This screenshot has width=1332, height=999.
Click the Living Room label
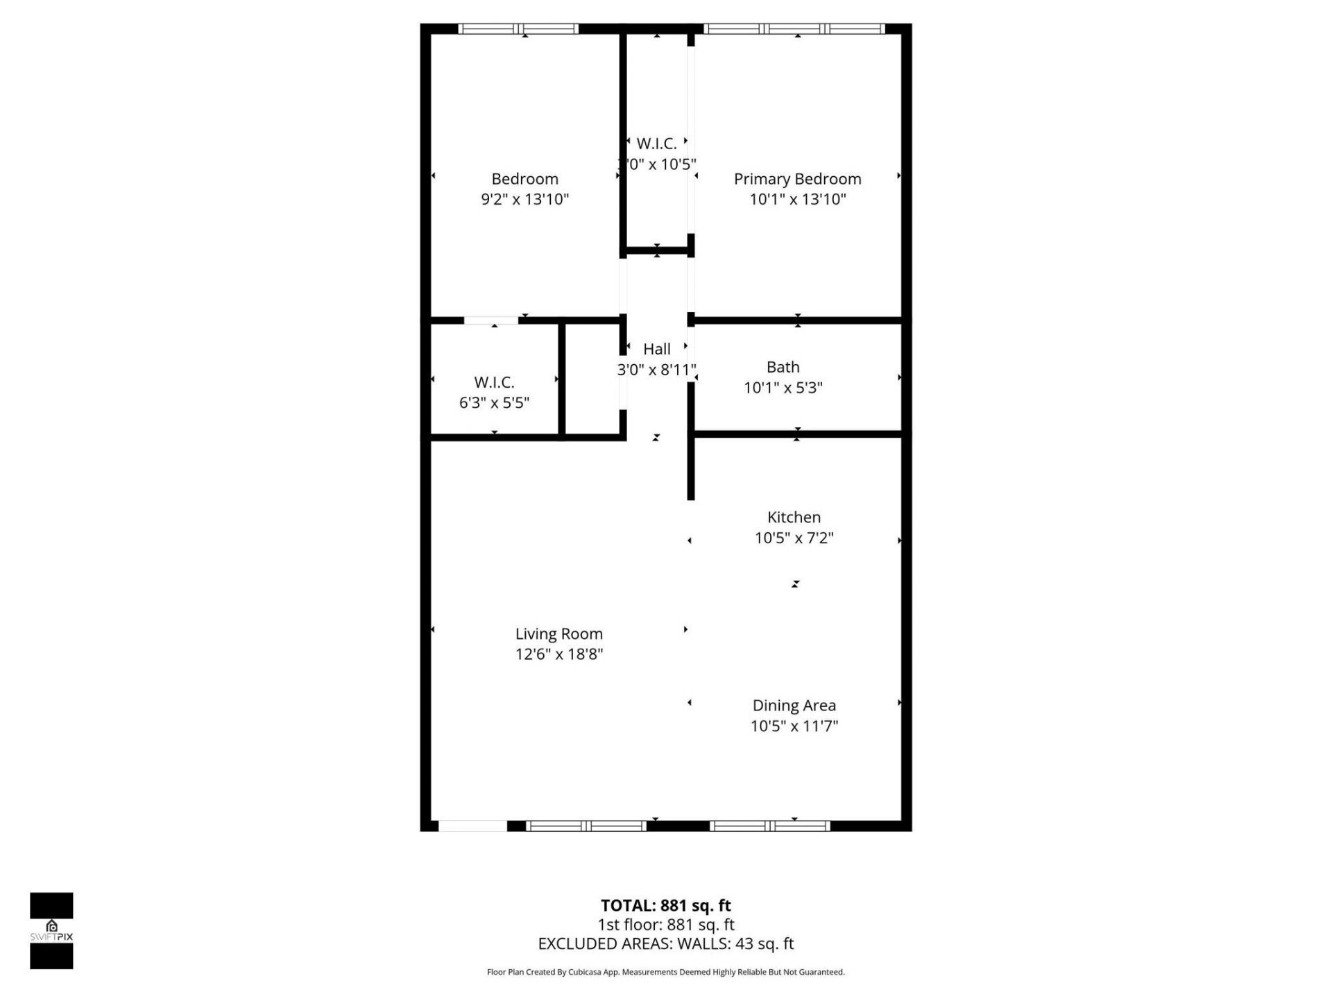[x=558, y=633]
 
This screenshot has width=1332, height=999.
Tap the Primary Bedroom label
[x=797, y=179]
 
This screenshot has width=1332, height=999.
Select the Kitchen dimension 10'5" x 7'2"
[x=794, y=538]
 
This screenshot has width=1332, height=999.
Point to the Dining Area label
[x=794, y=706]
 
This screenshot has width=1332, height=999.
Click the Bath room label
[x=783, y=367]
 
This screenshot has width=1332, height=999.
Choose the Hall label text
[x=656, y=349]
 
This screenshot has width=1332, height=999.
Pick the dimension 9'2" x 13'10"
[x=524, y=200]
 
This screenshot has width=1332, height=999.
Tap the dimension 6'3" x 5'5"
[x=494, y=403]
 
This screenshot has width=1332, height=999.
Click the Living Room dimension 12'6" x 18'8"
[x=558, y=654]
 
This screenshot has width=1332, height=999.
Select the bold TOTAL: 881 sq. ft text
[x=665, y=905]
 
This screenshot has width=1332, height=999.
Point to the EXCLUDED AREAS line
[x=665, y=943]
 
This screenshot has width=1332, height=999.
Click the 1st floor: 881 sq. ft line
[x=665, y=925]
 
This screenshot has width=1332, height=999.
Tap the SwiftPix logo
[x=51, y=930]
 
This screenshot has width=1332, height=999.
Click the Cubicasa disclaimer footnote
[x=665, y=972]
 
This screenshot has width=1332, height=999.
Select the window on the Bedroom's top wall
[x=518, y=29]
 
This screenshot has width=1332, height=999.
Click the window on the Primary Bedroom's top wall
[x=794, y=29]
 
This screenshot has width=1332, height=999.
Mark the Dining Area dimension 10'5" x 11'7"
[x=794, y=726]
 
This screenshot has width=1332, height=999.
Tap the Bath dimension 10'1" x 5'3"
[x=783, y=388]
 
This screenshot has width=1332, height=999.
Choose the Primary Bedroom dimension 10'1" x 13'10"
[x=797, y=200]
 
